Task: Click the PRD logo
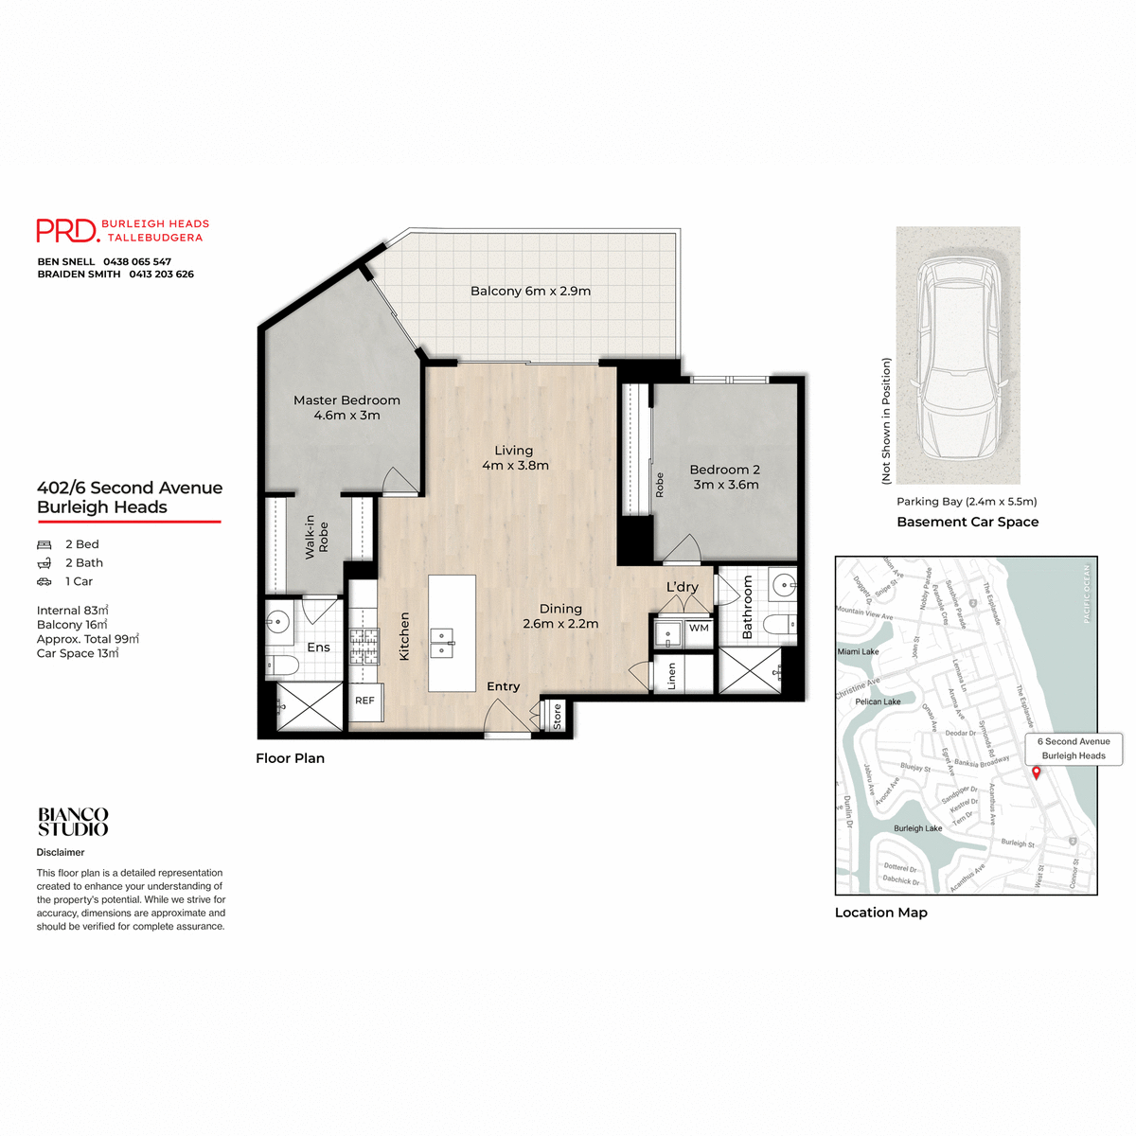[67, 230]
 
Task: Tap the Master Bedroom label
[346, 408]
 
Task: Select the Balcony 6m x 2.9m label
[530, 291]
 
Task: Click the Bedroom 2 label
[725, 477]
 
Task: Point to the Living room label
[514, 458]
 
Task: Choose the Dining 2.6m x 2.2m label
[560, 616]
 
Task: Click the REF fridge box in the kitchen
[364, 701]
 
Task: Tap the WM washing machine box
[699, 628]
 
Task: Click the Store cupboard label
[558, 716]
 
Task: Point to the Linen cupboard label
[672, 675]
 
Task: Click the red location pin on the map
[1036, 772]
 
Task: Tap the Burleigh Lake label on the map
[917, 828]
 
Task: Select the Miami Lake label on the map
[858, 651]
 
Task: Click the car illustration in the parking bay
[958, 355]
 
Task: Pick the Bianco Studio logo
[73, 822]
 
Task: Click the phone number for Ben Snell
[137, 261]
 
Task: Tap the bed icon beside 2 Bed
[44, 544]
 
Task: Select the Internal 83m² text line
[73, 611]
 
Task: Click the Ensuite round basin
[277, 624]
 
